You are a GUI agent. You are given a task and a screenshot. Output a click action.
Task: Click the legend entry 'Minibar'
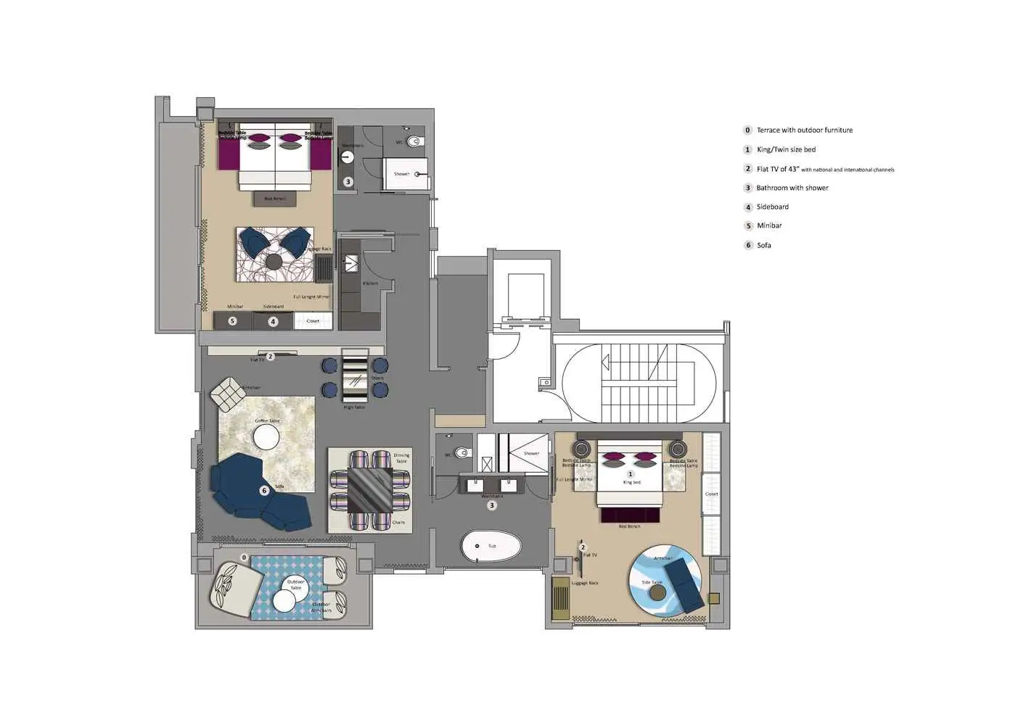(769, 225)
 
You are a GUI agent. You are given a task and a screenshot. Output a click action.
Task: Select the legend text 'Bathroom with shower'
(792, 188)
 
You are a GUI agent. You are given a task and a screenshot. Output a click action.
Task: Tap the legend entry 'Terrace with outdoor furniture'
(804, 130)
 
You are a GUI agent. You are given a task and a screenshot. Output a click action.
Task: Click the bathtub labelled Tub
(491, 546)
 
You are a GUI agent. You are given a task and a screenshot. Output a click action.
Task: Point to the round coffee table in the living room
(266, 437)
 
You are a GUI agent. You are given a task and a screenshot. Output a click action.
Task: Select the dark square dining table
(369, 490)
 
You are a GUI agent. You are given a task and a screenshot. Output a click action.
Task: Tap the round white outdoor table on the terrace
(284, 600)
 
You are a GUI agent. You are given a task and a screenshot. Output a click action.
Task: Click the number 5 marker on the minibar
(232, 320)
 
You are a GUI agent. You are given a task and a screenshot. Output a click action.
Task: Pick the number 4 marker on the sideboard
(273, 321)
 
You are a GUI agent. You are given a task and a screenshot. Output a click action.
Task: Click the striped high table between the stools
(355, 377)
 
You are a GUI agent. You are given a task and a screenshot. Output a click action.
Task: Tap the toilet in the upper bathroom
(414, 141)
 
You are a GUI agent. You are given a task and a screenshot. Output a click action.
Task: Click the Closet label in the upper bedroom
(313, 320)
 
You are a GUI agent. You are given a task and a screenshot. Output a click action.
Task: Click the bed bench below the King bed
(629, 515)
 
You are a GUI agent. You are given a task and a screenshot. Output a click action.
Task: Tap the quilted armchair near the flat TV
(227, 394)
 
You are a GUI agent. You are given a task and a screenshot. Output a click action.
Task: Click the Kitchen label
(370, 283)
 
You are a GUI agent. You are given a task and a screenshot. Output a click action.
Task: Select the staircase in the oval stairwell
(639, 383)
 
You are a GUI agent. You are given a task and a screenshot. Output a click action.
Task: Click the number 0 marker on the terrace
(244, 558)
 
